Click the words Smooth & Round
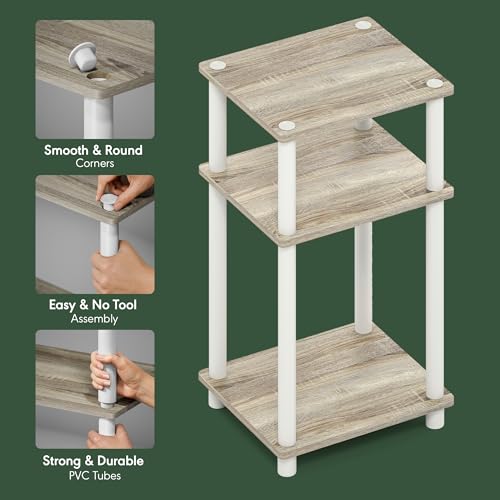(x=95, y=151)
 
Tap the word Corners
(x=95, y=164)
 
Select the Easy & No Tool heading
(x=95, y=305)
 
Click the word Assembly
(x=95, y=319)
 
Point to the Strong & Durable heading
(x=95, y=461)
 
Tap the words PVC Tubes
(x=95, y=475)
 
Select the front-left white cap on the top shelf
(x=287, y=126)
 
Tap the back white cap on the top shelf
(x=363, y=24)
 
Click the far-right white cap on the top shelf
(x=433, y=84)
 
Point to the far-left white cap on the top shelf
(x=217, y=65)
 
